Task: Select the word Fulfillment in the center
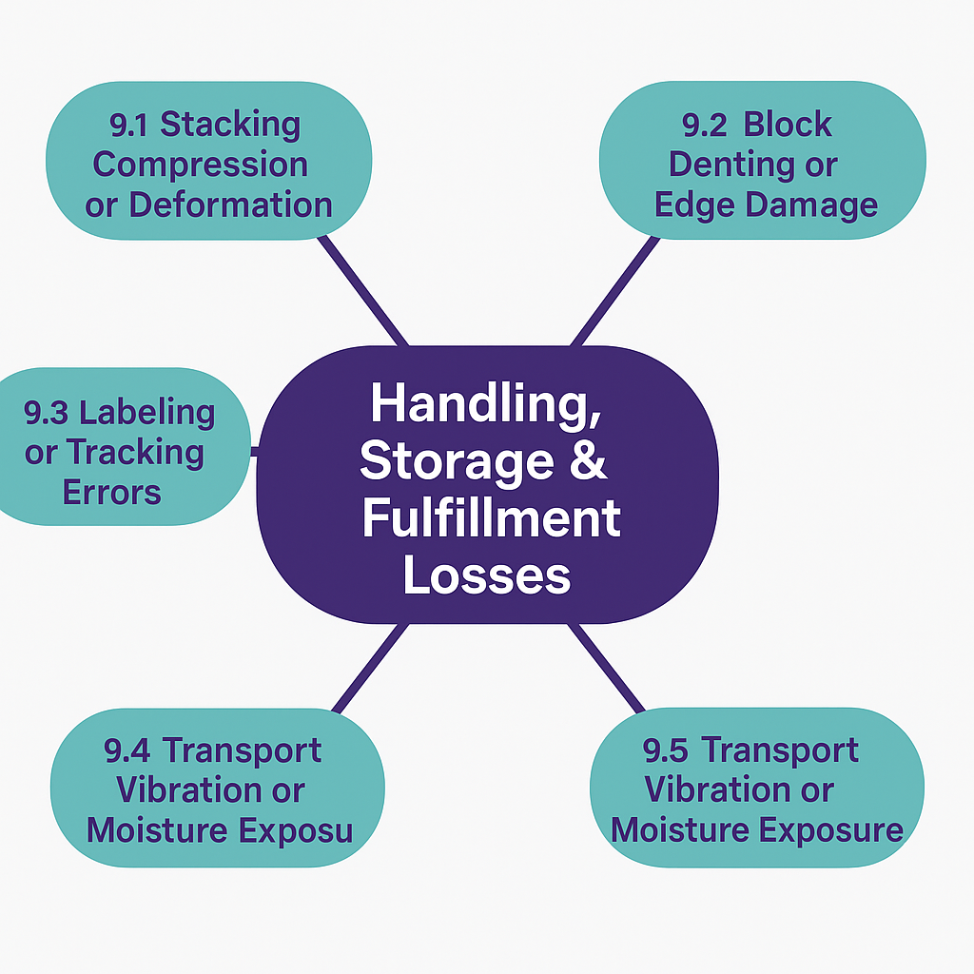tap(491, 520)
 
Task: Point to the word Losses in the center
tap(487, 575)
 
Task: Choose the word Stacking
tap(230, 124)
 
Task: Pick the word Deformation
tap(230, 204)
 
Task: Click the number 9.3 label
tap(48, 413)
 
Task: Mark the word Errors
tap(111, 493)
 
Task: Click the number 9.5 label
tap(666, 750)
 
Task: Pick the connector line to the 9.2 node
tap(614, 290)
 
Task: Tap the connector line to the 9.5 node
tap(607, 666)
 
